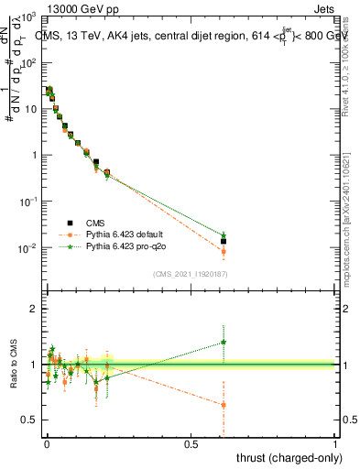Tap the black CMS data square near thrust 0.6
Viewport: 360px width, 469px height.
[224, 242]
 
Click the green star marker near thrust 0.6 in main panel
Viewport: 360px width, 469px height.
[224, 235]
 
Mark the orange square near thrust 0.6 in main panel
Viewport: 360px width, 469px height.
[224, 251]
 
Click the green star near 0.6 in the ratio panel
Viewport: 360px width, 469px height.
[224, 343]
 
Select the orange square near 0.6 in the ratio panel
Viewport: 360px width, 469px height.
[224, 405]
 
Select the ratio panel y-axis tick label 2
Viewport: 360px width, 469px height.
[34, 309]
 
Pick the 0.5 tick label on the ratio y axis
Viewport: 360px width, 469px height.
[30, 420]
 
